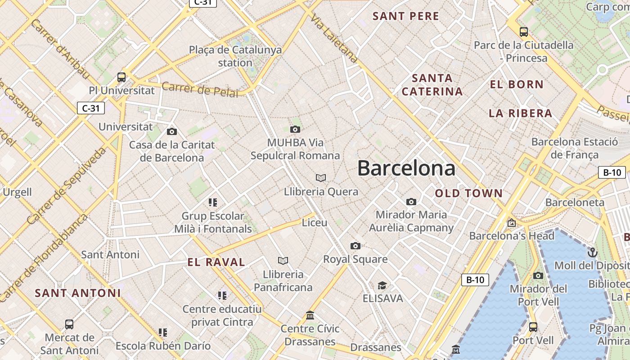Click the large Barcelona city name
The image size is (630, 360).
(x=406, y=168)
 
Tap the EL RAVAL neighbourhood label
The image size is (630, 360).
(x=216, y=262)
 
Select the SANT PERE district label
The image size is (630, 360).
(x=406, y=16)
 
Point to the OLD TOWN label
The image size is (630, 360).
(x=468, y=193)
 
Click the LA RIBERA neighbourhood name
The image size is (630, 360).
(x=520, y=113)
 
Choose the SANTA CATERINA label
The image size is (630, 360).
(x=432, y=85)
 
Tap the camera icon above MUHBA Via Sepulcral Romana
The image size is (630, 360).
(x=295, y=130)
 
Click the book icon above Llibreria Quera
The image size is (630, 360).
(x=321, y=178)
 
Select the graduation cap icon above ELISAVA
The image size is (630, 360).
(x=382, y=285)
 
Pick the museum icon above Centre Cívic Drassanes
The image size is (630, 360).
(x=310, y=315)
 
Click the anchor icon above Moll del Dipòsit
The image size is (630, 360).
(x=592, y=252)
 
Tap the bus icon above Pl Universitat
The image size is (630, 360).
(x=121, y=77)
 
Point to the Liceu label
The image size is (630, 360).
(x=315, y=222)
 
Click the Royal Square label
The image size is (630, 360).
(x=355, y=259)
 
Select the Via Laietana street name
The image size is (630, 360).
(x=334, y=38)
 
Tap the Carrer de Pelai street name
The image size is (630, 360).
(x=200, y=89)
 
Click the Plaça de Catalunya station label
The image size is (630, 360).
(x=235, y=56)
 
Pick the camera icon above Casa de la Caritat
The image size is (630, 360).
(x=171, y=131)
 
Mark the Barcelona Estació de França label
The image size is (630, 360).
(x=575, y=148)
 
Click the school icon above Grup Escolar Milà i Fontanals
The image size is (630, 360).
(x=213, y=202)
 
